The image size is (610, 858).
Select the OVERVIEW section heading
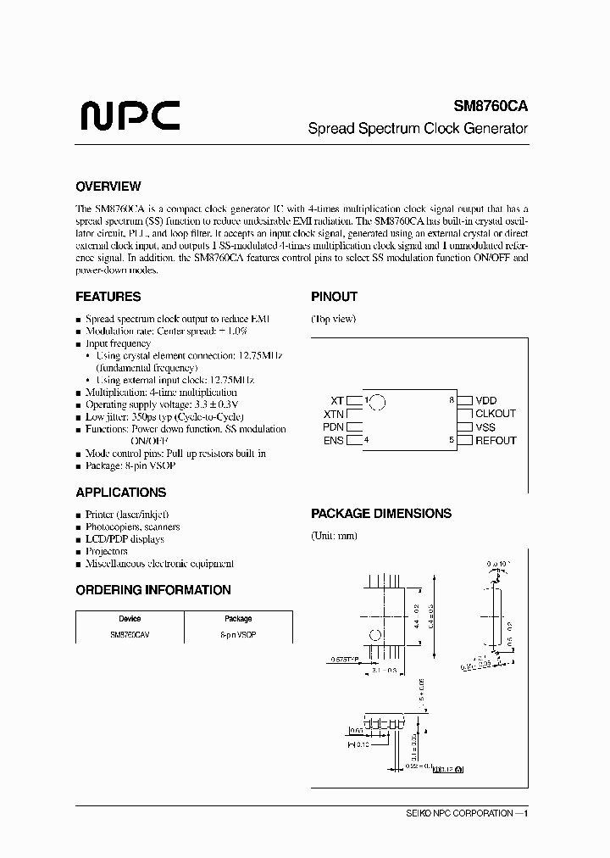coord(108,187)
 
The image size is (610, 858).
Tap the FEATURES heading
coord(108,297)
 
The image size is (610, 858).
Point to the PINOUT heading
coord(334,297)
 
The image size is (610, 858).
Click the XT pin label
coord(337,400)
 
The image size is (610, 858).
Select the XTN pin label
coord(334,414)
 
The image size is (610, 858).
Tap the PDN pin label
coord(334,427)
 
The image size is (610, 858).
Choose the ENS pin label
coord(334,441)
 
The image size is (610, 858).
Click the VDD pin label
coord(486,400)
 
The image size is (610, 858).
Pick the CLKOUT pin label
coord(496,414)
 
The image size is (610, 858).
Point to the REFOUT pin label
coord(496,441)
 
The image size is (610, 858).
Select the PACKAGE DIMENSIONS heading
coord(380,513)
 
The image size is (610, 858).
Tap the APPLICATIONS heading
coord(120,493)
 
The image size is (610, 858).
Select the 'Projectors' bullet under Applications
coord(106,551)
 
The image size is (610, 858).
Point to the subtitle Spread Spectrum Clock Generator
coord(417,129)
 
